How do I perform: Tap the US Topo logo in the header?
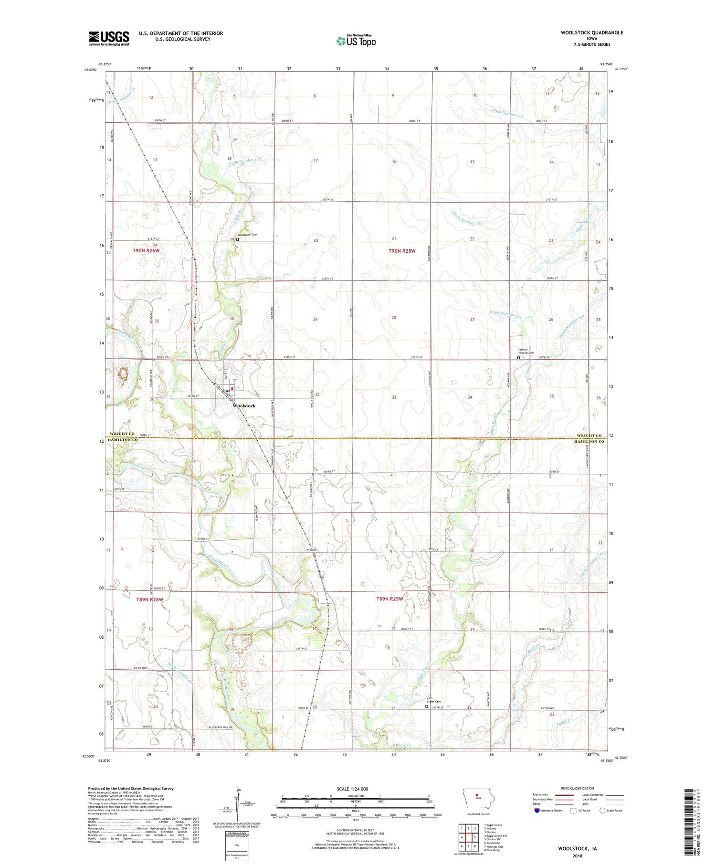356,41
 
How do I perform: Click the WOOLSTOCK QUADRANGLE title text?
585,32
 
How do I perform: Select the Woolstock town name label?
243,406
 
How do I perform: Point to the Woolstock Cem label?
248,235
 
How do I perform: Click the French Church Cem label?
526,351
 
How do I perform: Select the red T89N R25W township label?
390,599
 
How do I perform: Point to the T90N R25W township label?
401,250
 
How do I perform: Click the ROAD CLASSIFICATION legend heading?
578,788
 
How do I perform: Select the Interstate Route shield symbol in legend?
537,810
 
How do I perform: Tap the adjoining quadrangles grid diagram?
468,836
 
